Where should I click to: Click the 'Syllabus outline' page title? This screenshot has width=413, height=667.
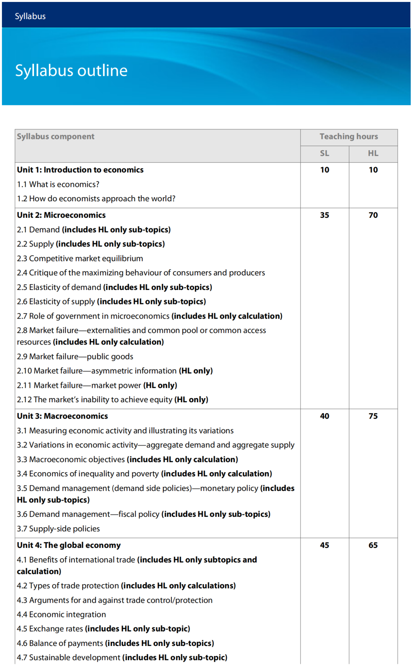point(71,71)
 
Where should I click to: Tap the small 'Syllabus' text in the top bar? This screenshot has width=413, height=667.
point(30,16)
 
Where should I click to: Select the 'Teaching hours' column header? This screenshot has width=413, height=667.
point(348,136)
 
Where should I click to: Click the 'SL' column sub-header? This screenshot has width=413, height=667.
point(324,153)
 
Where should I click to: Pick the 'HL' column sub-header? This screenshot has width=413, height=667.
point(373,153)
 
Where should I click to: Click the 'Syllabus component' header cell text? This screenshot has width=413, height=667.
point(55,136)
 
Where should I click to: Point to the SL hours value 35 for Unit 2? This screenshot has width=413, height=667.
point(324,215)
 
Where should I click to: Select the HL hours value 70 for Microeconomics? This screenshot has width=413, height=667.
point(373,215)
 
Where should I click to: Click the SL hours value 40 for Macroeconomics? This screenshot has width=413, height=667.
point(324,416)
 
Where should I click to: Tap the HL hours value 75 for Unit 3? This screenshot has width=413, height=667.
point(373,416)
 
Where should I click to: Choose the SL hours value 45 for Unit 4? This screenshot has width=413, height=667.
point(324,545)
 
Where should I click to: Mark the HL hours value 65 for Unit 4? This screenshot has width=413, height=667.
point(373,545)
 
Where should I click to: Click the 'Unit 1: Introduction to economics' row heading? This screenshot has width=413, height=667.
point(80,170)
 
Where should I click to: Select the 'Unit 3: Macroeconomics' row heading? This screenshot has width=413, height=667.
point(62,416)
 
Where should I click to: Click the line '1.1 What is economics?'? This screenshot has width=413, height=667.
point(58,184)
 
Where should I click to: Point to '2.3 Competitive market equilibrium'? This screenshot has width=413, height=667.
point(80,258)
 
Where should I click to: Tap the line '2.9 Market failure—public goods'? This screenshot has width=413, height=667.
point(75,356)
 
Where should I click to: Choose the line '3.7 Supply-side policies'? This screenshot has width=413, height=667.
point(58,529)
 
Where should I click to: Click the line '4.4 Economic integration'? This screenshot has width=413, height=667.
point(61,614)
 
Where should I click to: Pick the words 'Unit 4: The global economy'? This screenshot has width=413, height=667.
point(68,545)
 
